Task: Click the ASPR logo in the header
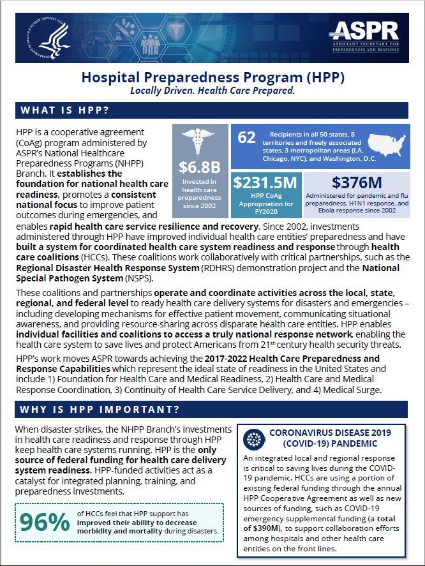coord(367,36)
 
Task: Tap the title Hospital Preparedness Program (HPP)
coord(212,78)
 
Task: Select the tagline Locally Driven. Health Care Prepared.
coord(212,91)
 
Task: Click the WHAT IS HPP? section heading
coord(64,110)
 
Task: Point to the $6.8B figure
coord(200,168)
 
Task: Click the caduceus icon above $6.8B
coord(200,142)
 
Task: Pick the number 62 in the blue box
coord(247,137)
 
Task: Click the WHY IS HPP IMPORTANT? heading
coord(99,409)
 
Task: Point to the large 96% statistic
coord(44,521)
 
